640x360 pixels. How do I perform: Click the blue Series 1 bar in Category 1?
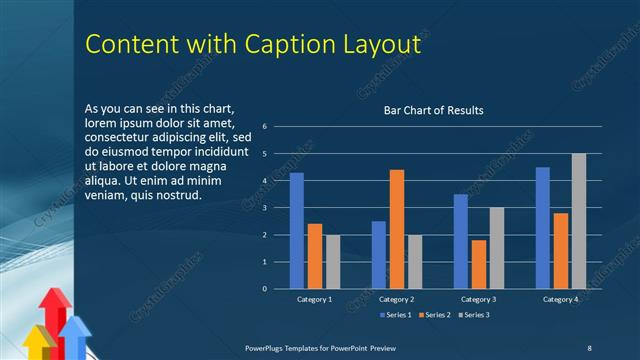[297, 231]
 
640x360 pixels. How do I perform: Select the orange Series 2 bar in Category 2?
[397, 229]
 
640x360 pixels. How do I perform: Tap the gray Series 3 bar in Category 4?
[579, 221]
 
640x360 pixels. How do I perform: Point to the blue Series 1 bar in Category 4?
[543, 228]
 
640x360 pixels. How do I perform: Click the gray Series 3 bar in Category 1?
[333, 262]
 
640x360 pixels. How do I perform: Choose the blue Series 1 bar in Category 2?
[379, 255]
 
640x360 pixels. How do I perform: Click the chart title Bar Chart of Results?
[434, 110]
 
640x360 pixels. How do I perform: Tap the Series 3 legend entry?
[476, 315]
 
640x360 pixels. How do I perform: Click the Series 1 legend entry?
[397, 315]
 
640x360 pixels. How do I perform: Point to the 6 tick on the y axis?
[265, 127]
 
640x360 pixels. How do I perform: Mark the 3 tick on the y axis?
[265, 208]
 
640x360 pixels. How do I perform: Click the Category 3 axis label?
[478, 300]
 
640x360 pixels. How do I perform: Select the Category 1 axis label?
[315, 300]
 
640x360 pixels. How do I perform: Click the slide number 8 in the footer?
[589, 347]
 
